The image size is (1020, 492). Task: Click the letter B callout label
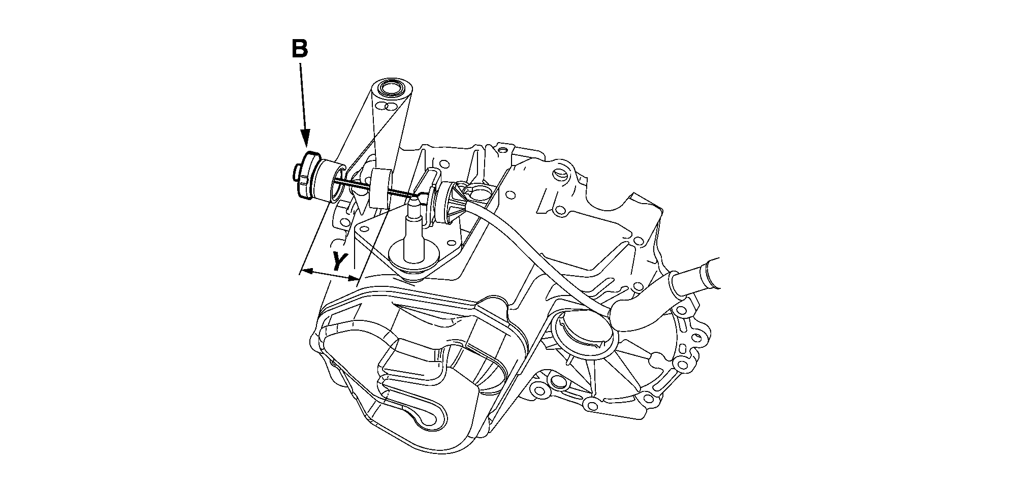click(x=300, y=49)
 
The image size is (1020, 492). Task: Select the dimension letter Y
click(x=339, y=261)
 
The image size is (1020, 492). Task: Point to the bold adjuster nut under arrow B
click(x=308, y=175)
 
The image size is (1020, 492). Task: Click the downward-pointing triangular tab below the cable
click(x=361, y=203)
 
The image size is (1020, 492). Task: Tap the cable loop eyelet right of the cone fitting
click(x=480, y=193)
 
